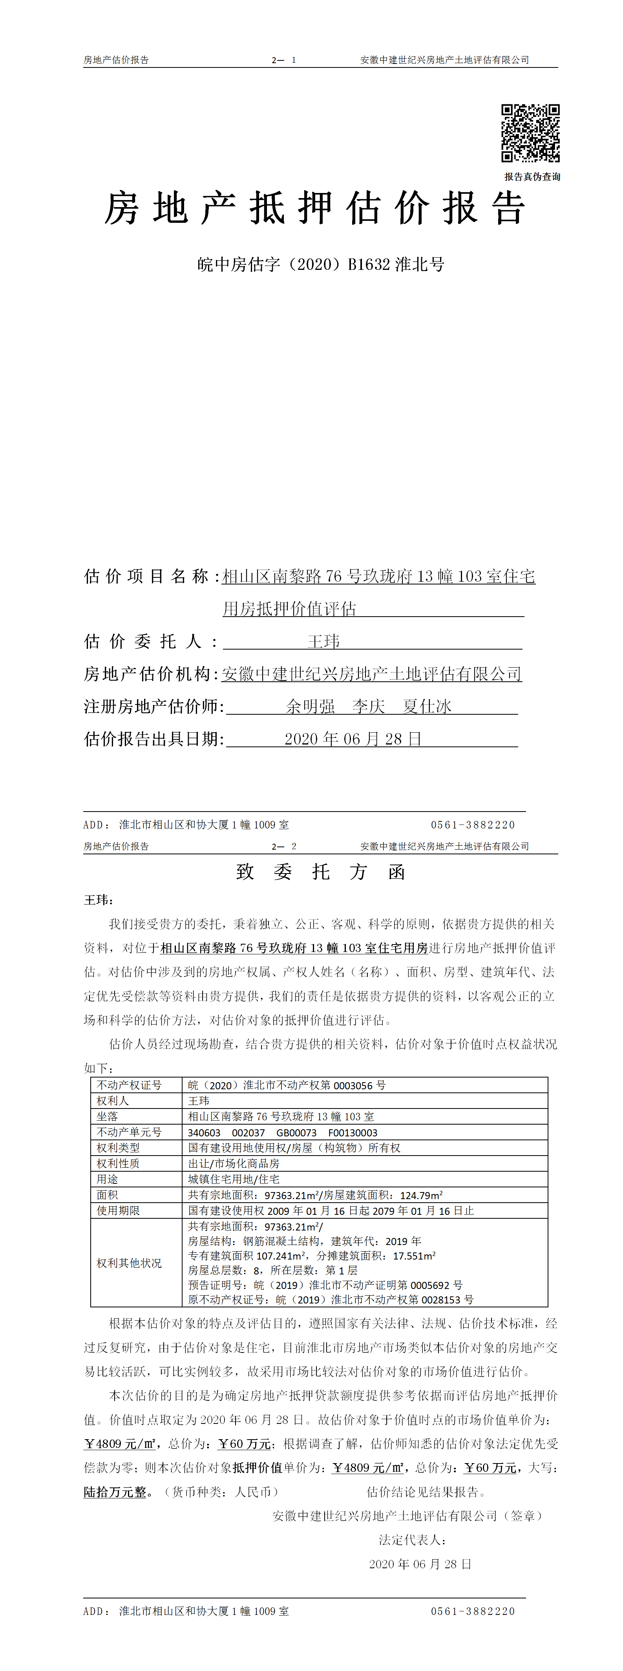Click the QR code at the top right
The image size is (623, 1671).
[x=530, y=133]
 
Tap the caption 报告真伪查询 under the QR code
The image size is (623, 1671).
[x=532, y=177]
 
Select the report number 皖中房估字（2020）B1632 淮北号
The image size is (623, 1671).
[x=321, y=265]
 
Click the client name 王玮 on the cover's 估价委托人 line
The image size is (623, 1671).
[x=323, y=642]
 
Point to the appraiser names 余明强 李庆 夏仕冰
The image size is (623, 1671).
[x=369, y=706]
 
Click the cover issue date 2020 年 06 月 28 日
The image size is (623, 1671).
[x=353, y=739]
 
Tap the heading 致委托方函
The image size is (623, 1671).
[x=321, y=872]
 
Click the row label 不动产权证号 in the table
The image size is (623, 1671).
[x=129, y=1085]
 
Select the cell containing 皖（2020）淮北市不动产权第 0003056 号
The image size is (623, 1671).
[x=287, y=1085]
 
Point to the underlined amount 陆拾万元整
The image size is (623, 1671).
[x=115, y=1492]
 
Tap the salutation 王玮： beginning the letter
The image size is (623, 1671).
[x=99, y=900]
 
